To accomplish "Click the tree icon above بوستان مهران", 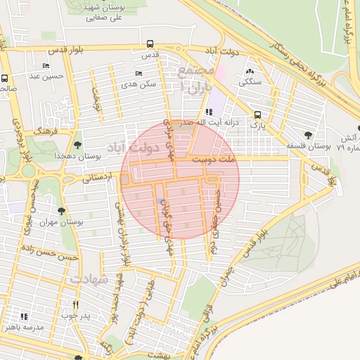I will pyautogui.click(x=63, y=210).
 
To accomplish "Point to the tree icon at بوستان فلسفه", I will pyautogui.click(x=307, y=135).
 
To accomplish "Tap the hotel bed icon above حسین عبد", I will pyautogui.click(x=46, y=66).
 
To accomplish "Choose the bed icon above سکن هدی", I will pyautogui.click(x=139, y=73).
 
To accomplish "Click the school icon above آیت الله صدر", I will pyautogui.click(x=209, y=112).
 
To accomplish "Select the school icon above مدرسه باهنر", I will pyautogui.click(x=25, y=317).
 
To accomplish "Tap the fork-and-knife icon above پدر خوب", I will pyautogui.click(x=77, y=305).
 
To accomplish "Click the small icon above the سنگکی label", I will pyautogui.click(x=250, y=71).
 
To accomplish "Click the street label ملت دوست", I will pyautogui.click(x=217, y=161).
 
